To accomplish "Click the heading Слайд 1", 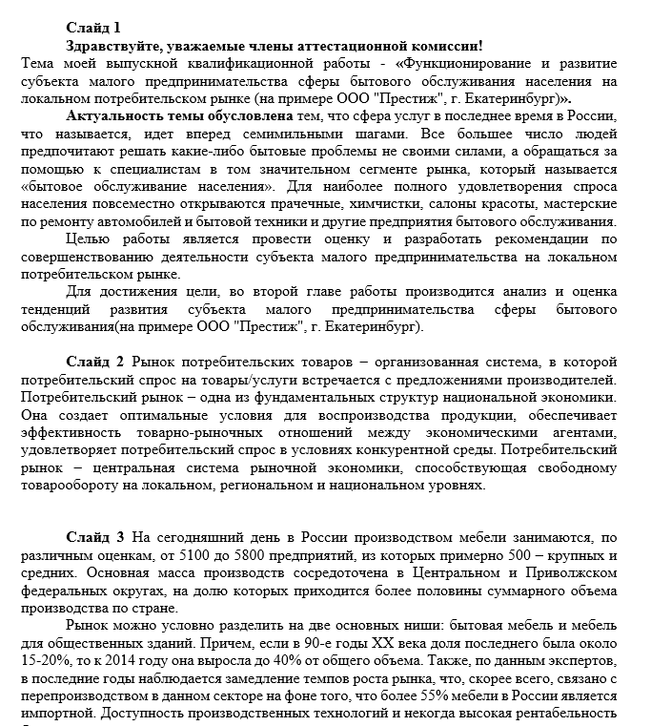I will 93,27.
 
